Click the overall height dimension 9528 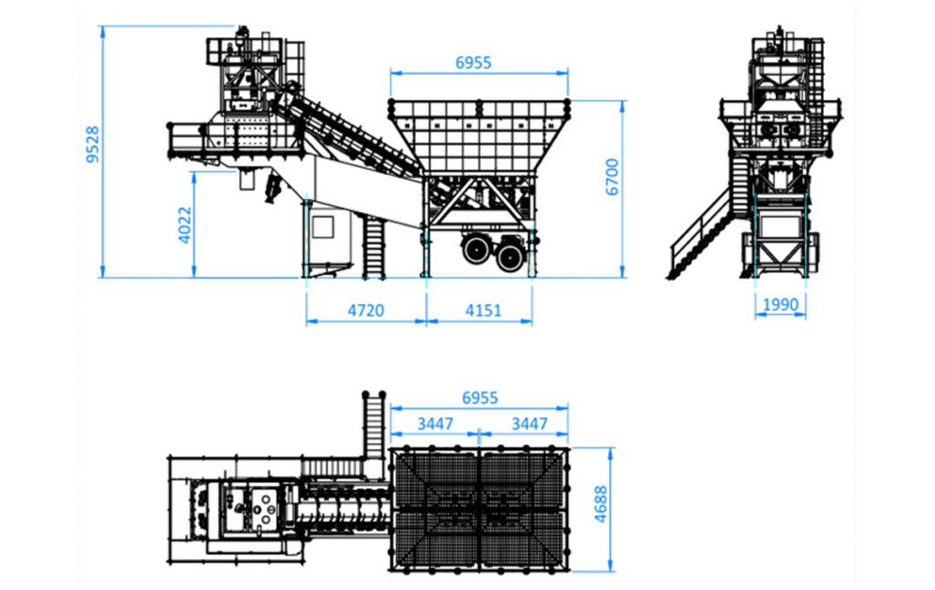(92, 144)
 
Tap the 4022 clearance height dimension (184, 225)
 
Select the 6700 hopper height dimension (613, 176)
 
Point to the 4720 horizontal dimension (366, 311)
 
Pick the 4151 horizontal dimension (483, 311)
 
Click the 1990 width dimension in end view (780, 304)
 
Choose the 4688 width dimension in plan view (601, 504)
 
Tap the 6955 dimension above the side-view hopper (474, 63)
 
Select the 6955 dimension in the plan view (480, 398)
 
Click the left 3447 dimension (436, 424)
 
